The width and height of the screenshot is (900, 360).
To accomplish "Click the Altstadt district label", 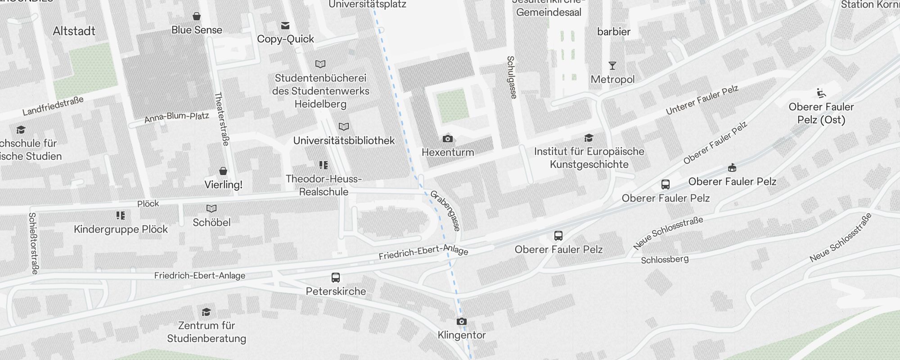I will tap(74, 31).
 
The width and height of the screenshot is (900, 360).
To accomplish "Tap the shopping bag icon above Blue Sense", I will tap(197, 17).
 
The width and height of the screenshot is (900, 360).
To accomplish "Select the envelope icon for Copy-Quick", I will tap(285, 26).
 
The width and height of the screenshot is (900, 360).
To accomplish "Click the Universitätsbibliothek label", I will tap(344, 140).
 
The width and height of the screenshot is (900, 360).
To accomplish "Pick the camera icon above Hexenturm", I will tap(447, 139).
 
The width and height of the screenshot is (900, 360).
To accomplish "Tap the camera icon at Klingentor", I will tap(461, 322).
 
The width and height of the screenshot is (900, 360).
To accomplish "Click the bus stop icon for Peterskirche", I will tap(336, 278).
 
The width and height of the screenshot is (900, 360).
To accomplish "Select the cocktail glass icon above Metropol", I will tap(612, 66).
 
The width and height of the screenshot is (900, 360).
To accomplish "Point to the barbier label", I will tap(614, 31).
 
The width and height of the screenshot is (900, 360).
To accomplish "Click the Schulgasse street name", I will tap(512, 77).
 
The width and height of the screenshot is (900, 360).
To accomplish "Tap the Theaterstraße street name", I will tap(222, 119).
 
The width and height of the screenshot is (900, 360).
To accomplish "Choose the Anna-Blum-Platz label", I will tap(176, 117).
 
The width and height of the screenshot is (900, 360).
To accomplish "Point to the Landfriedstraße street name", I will tap(53, 106).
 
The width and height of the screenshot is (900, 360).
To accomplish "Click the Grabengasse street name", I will tap(445, 211).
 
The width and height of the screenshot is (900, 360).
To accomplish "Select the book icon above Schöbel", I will tap(211, 208).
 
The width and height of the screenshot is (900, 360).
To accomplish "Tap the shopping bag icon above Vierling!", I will tap(223, 171).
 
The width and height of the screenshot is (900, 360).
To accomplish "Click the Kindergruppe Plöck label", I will tap(121, 229).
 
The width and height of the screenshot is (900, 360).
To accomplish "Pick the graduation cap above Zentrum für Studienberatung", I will tap(206, 312).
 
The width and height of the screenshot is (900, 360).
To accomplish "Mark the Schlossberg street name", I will tap(665, 260).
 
